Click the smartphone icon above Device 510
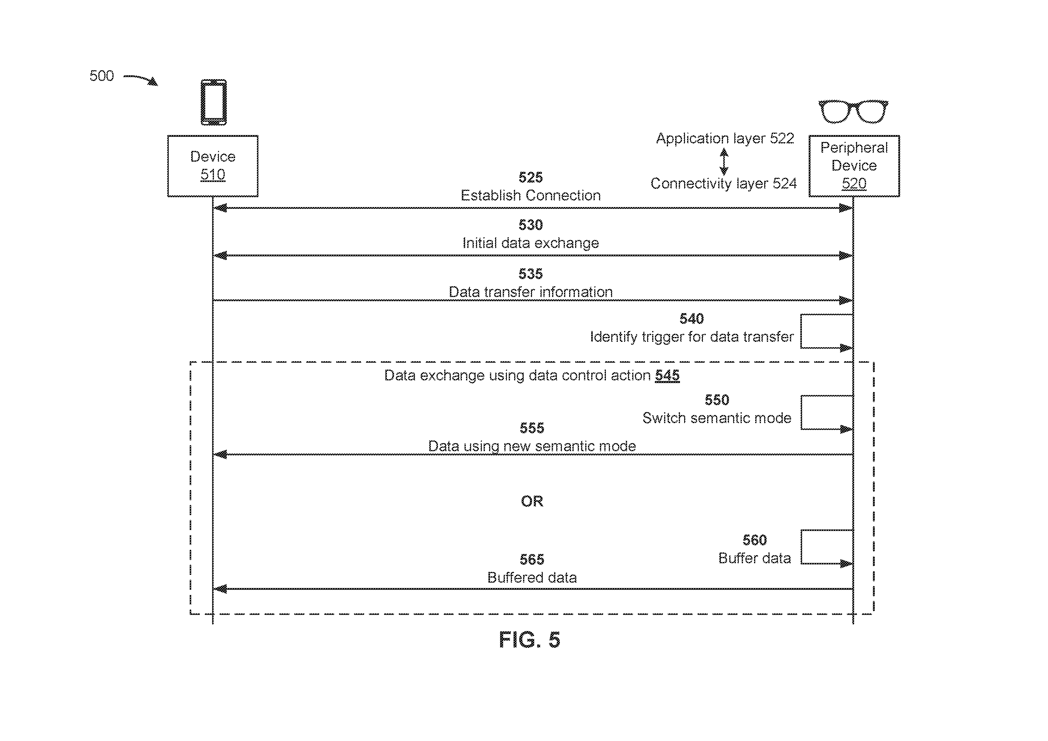pos(214,102)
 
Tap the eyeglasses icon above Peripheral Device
pos(853,111)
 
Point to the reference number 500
pos(101,76)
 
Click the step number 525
pos(530,177)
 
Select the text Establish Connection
pos(530,195)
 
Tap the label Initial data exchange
pos(530,243)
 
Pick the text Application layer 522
pos(725,138)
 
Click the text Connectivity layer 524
pos(724,183)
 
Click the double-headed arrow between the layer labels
pos(724,162)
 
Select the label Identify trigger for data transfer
pos(692,337)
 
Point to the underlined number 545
pos(667,375)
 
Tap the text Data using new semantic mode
pos(532,446)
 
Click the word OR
pos(532,501)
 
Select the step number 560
pos(755,540)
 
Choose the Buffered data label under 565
pos(532,578)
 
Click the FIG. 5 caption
pos(529,640)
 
